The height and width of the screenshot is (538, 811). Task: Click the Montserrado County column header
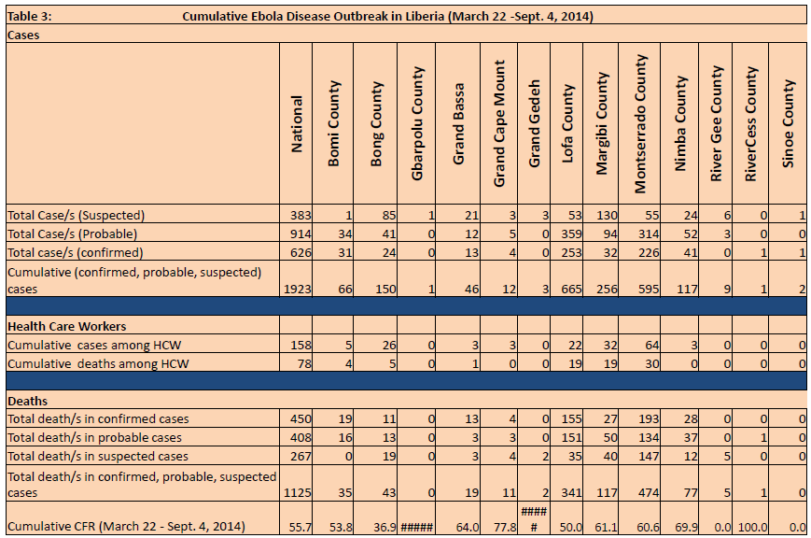(640, 123)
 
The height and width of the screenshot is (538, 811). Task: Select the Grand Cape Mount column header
(498, 123)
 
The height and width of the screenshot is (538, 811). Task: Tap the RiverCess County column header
(750, 123)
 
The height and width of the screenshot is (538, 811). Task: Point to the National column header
(297, 123)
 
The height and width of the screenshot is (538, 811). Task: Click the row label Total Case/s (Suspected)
(76, 216)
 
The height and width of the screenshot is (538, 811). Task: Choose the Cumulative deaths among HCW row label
(98, 363)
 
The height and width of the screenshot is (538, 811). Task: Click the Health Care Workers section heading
(66, 326)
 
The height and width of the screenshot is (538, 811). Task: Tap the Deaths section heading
(27, 401)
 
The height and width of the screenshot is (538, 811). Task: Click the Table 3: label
(30, 16)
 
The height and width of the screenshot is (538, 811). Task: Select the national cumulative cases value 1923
(298, 289)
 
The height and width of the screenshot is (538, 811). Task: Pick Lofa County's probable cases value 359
(571, 234)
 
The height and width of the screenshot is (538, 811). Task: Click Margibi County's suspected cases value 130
(607, 216)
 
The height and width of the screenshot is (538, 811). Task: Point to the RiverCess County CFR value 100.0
(752, 527)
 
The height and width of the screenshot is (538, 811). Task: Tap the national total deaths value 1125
(298, 492)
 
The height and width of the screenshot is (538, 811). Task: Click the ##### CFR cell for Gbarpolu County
(416, 527)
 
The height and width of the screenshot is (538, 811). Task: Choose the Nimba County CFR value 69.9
(686, 527)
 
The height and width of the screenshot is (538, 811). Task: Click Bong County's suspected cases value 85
(389, 216)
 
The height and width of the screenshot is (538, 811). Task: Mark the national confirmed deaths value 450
(301, 418)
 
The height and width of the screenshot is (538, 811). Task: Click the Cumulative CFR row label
(126, 527)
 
